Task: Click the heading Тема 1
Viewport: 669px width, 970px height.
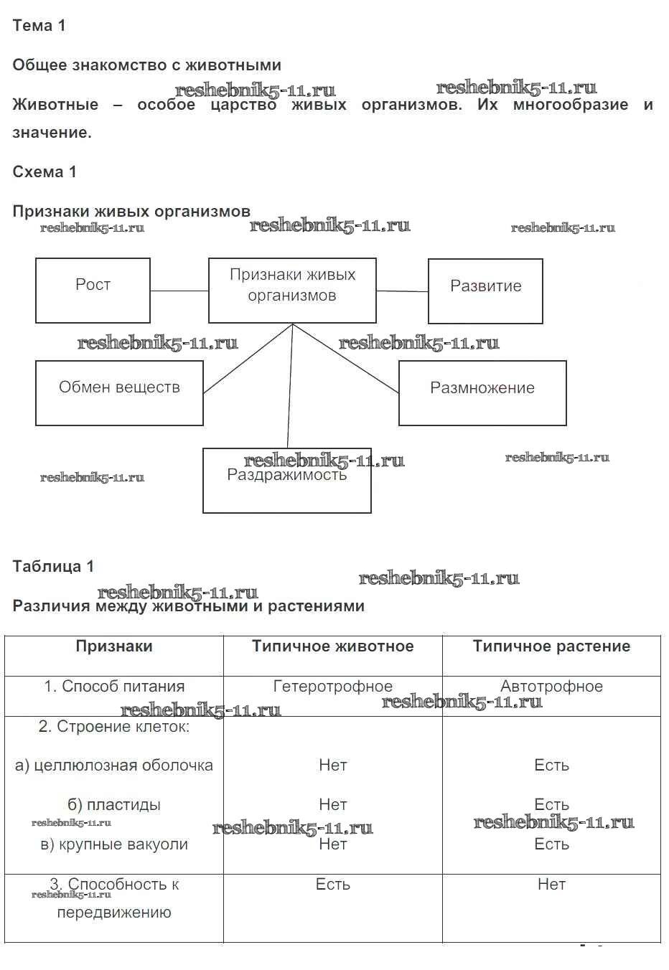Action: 39,26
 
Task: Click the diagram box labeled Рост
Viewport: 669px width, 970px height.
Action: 93,290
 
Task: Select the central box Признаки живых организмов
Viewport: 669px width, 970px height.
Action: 292,290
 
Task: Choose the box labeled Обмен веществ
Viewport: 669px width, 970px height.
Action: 119,392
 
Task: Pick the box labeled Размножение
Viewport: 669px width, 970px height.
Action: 482,392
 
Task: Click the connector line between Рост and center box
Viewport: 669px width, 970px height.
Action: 179,291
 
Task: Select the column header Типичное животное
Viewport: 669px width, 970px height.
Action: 332,646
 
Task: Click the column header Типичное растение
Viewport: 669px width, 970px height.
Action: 551,646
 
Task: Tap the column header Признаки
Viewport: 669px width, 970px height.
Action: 114,646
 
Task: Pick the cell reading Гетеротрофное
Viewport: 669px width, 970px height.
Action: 332,687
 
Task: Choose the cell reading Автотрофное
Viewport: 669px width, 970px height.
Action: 551,687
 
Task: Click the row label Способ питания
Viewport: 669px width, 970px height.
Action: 114,687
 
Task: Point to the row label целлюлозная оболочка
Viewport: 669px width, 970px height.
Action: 114,766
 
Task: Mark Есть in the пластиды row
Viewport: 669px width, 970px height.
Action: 551,805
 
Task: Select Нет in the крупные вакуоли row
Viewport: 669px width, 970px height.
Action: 332,844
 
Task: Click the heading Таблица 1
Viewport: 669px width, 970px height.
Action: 53,567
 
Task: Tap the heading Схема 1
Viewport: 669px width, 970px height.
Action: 45,172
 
